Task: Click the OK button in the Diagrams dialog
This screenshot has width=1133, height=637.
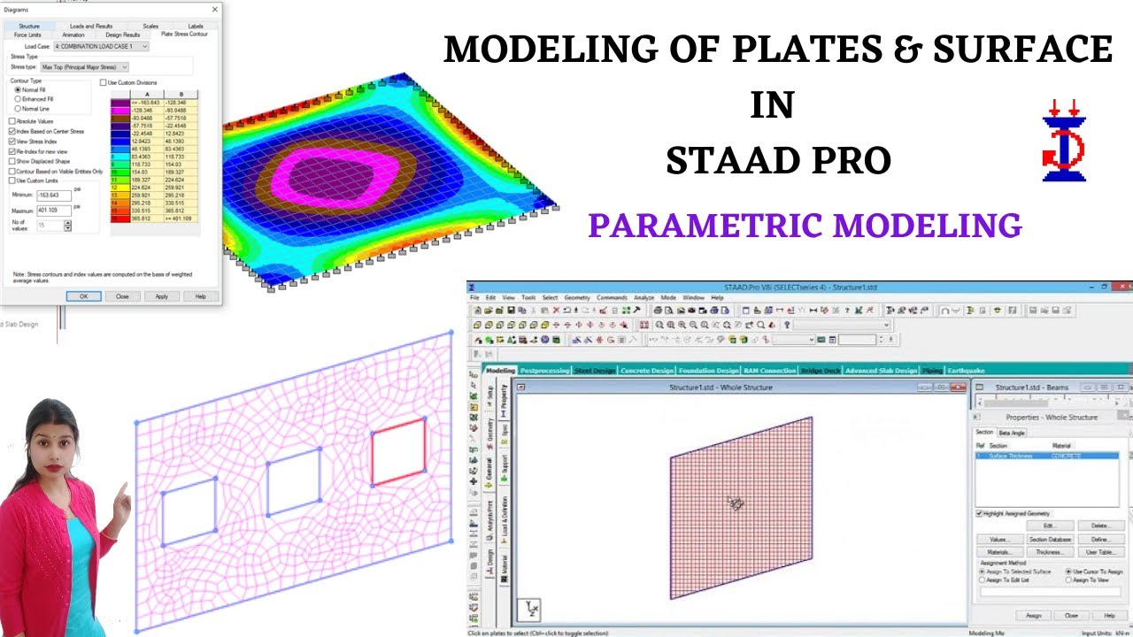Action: coord(83,296)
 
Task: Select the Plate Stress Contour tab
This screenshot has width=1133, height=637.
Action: coord(184,35)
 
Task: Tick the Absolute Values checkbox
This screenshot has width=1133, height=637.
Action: coord(12,121)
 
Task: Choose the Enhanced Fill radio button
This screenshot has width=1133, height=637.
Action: coord(18,99)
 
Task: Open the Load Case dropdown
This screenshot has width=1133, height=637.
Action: coord(101,46)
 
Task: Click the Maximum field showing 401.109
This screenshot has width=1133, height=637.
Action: coord(53,211)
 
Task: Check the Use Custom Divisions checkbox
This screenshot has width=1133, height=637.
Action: coord(103,82)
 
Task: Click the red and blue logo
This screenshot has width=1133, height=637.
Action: coord(1064,142)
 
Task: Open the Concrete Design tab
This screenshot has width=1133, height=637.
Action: coord(647,371)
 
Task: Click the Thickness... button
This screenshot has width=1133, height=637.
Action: coord(1049,552)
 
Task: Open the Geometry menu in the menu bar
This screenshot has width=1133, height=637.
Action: coord(577,297)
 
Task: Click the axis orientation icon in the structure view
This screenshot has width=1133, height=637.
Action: coord(530,610)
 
